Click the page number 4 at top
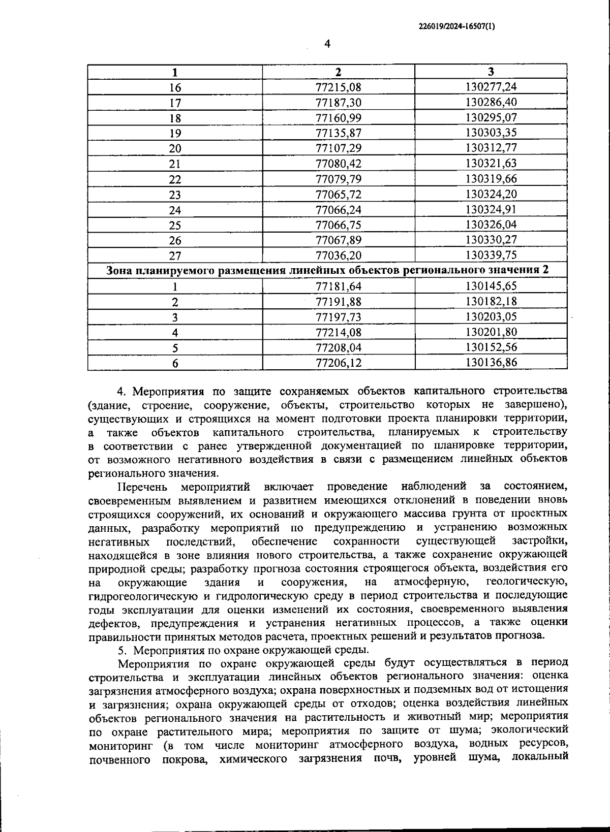pyautogui.click(x=327, y=44)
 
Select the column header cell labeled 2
pyautogui.click(x=338, y=72)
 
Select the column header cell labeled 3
pyautogui.click(x=491, y=72)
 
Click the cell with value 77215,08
pyautogui.click(x=338, y=87)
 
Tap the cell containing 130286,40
pyautogui.click(x=491, y=103)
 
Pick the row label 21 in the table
pyautogui.click(x=175, y=164)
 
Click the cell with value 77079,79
pyautogui.click(x=338, y=179)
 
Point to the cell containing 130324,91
pyautogui.click(x=491, y=210)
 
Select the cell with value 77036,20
pyautogui.click(x=338, y=255)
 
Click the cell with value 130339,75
pyautogui.click(x=491, y=255)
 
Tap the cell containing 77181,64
pyautogui.click(x=338, y=286)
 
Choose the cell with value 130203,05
pyautogui.click(x=491, y=317)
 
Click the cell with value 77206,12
pyautogui.click(x=338, y=363)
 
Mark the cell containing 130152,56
pyautogui.click(x=491, y=347)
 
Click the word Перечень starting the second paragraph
pyautogui.click(x=142, y=487)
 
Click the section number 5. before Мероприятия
pyautogui.click(x=121, y=650)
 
